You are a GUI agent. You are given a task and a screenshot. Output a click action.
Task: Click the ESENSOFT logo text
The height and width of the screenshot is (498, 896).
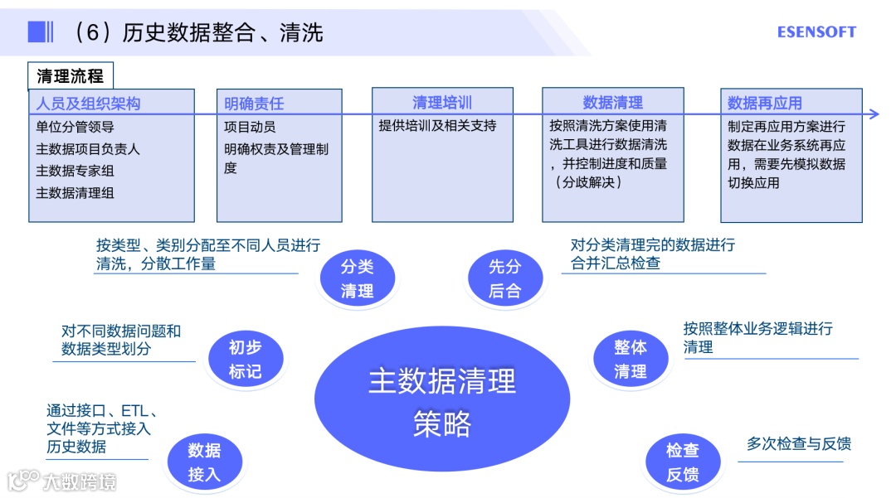click(x=816, y=32)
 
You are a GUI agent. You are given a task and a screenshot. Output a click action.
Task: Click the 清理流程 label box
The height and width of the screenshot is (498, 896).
click(x=71, y=76)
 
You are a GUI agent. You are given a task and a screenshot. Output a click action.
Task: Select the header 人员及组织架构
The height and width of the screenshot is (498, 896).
click(x=88, y=104)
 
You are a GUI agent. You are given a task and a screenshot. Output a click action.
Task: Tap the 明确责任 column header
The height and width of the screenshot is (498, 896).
click(x=254, y=104)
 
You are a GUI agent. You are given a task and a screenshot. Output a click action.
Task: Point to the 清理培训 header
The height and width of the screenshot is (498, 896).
click(x=442, y=103)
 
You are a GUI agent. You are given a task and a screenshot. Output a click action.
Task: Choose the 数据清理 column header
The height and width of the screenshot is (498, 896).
click(x=612, y=103)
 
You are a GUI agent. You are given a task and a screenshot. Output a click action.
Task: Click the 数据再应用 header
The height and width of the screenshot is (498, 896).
click(x=764, y=104)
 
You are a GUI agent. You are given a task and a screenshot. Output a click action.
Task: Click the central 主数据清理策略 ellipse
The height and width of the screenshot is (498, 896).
click(x=442, y=401)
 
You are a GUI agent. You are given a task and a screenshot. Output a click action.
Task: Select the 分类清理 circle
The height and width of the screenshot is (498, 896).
click(x=357, y=278)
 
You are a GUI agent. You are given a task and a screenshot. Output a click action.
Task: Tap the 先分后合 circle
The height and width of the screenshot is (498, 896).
click(x=504, y=278)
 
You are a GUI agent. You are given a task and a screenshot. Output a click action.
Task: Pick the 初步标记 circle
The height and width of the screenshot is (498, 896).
click(x=245, y=359)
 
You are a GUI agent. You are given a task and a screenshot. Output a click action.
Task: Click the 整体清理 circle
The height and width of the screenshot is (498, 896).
click(x=631, y=359)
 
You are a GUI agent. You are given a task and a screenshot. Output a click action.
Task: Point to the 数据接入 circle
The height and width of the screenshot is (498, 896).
click(x=204, y=462)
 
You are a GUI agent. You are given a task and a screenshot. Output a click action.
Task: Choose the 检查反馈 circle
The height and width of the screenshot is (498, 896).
click(x=682, y=462)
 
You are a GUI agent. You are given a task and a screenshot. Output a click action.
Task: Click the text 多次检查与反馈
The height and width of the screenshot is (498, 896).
click(x=798, y=444)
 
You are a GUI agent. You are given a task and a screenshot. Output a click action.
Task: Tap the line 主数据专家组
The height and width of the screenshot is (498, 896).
click(x=75, y=171)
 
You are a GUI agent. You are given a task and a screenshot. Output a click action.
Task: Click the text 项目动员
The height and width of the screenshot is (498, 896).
click(x=250, y=127)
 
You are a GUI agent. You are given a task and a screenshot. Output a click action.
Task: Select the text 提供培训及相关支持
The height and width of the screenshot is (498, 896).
click(x=437, y=126)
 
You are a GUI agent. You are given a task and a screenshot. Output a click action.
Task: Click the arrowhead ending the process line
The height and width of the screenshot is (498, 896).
click(x=874, y=114)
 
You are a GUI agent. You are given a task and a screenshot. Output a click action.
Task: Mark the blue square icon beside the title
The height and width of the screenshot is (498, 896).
click(x=37, y=32)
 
